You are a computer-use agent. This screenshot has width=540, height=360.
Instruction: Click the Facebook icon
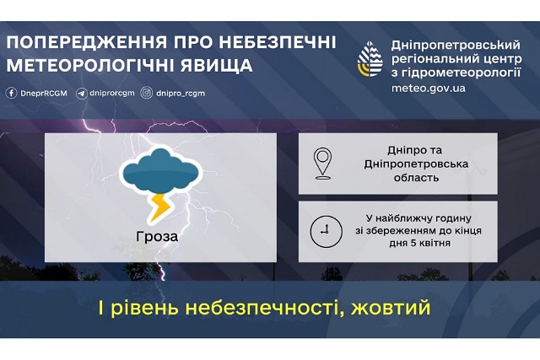pyautogui.click(x=11, y=93)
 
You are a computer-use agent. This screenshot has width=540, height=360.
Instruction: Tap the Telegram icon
pyautogui.click(x=82, y=94)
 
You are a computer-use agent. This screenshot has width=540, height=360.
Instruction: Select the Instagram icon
pyautogui.click(x=147, y=93)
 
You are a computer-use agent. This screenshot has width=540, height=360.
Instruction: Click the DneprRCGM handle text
pyautogui.click(x=44, y=94)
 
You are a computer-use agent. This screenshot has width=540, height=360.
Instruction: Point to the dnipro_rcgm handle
pyautogui.click(x=181, y=94)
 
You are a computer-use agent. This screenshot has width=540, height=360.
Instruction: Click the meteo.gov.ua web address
pyautogui.click(x=429, y=89)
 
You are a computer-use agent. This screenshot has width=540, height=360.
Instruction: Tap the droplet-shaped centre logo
pyautogui.click(x=370, y=59)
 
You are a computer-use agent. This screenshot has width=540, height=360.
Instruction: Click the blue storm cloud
pyautogui.click(x=161, y=170)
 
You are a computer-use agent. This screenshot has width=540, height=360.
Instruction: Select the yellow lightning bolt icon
pyautogui.click(x=159, y=207)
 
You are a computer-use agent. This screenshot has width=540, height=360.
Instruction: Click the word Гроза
pyautogui.click(x=157, y=236)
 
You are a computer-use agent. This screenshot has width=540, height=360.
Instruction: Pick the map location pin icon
pyautogui.click(x=322, y=164)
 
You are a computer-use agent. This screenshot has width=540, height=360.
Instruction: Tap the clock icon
pyautogui.click(x=327, y=232)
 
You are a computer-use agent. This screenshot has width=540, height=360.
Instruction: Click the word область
pyautogui.click(x=416, y=178)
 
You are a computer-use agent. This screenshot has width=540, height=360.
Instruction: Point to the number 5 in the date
pyautogui.click(x=413, y=243)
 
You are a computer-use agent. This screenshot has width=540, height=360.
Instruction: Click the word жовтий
pyautogui.click(x=391, y=308)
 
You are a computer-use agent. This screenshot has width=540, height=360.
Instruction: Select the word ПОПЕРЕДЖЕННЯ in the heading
pyautogui.click(x=87, y=42)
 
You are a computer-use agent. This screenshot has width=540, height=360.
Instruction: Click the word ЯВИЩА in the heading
pyautogui.click(x=217, y=65)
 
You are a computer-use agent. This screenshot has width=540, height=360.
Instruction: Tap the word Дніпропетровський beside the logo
pyautogui.click(x=456, y=45)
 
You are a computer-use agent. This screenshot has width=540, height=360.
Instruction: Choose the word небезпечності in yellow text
pyautogui.click(x=264, y=308)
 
